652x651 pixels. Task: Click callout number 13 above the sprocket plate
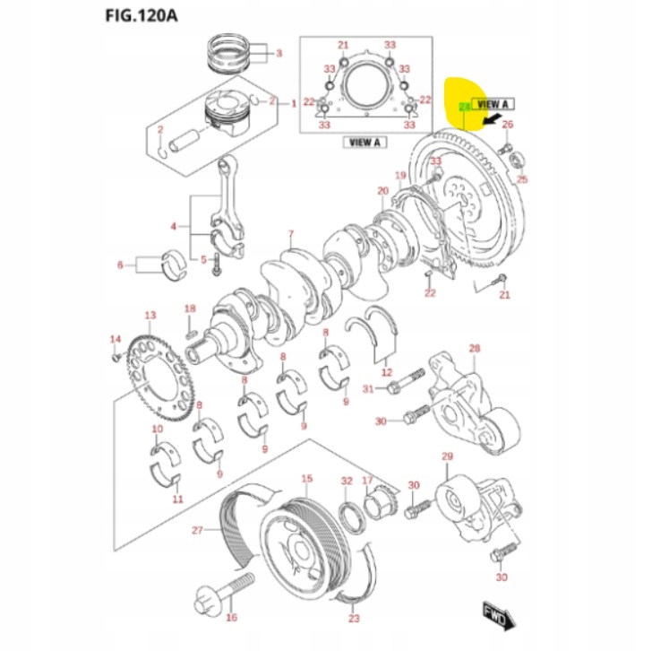point(150,315)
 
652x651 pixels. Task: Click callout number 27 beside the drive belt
point(198,530)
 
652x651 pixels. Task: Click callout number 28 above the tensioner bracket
point(475,348)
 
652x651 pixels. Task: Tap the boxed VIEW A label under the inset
point(365,142)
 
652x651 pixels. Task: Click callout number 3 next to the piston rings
point(279,54)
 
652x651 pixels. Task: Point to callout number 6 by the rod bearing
point(120,265)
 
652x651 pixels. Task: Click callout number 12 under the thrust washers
point(386,371)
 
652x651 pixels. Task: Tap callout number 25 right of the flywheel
point(523,179)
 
